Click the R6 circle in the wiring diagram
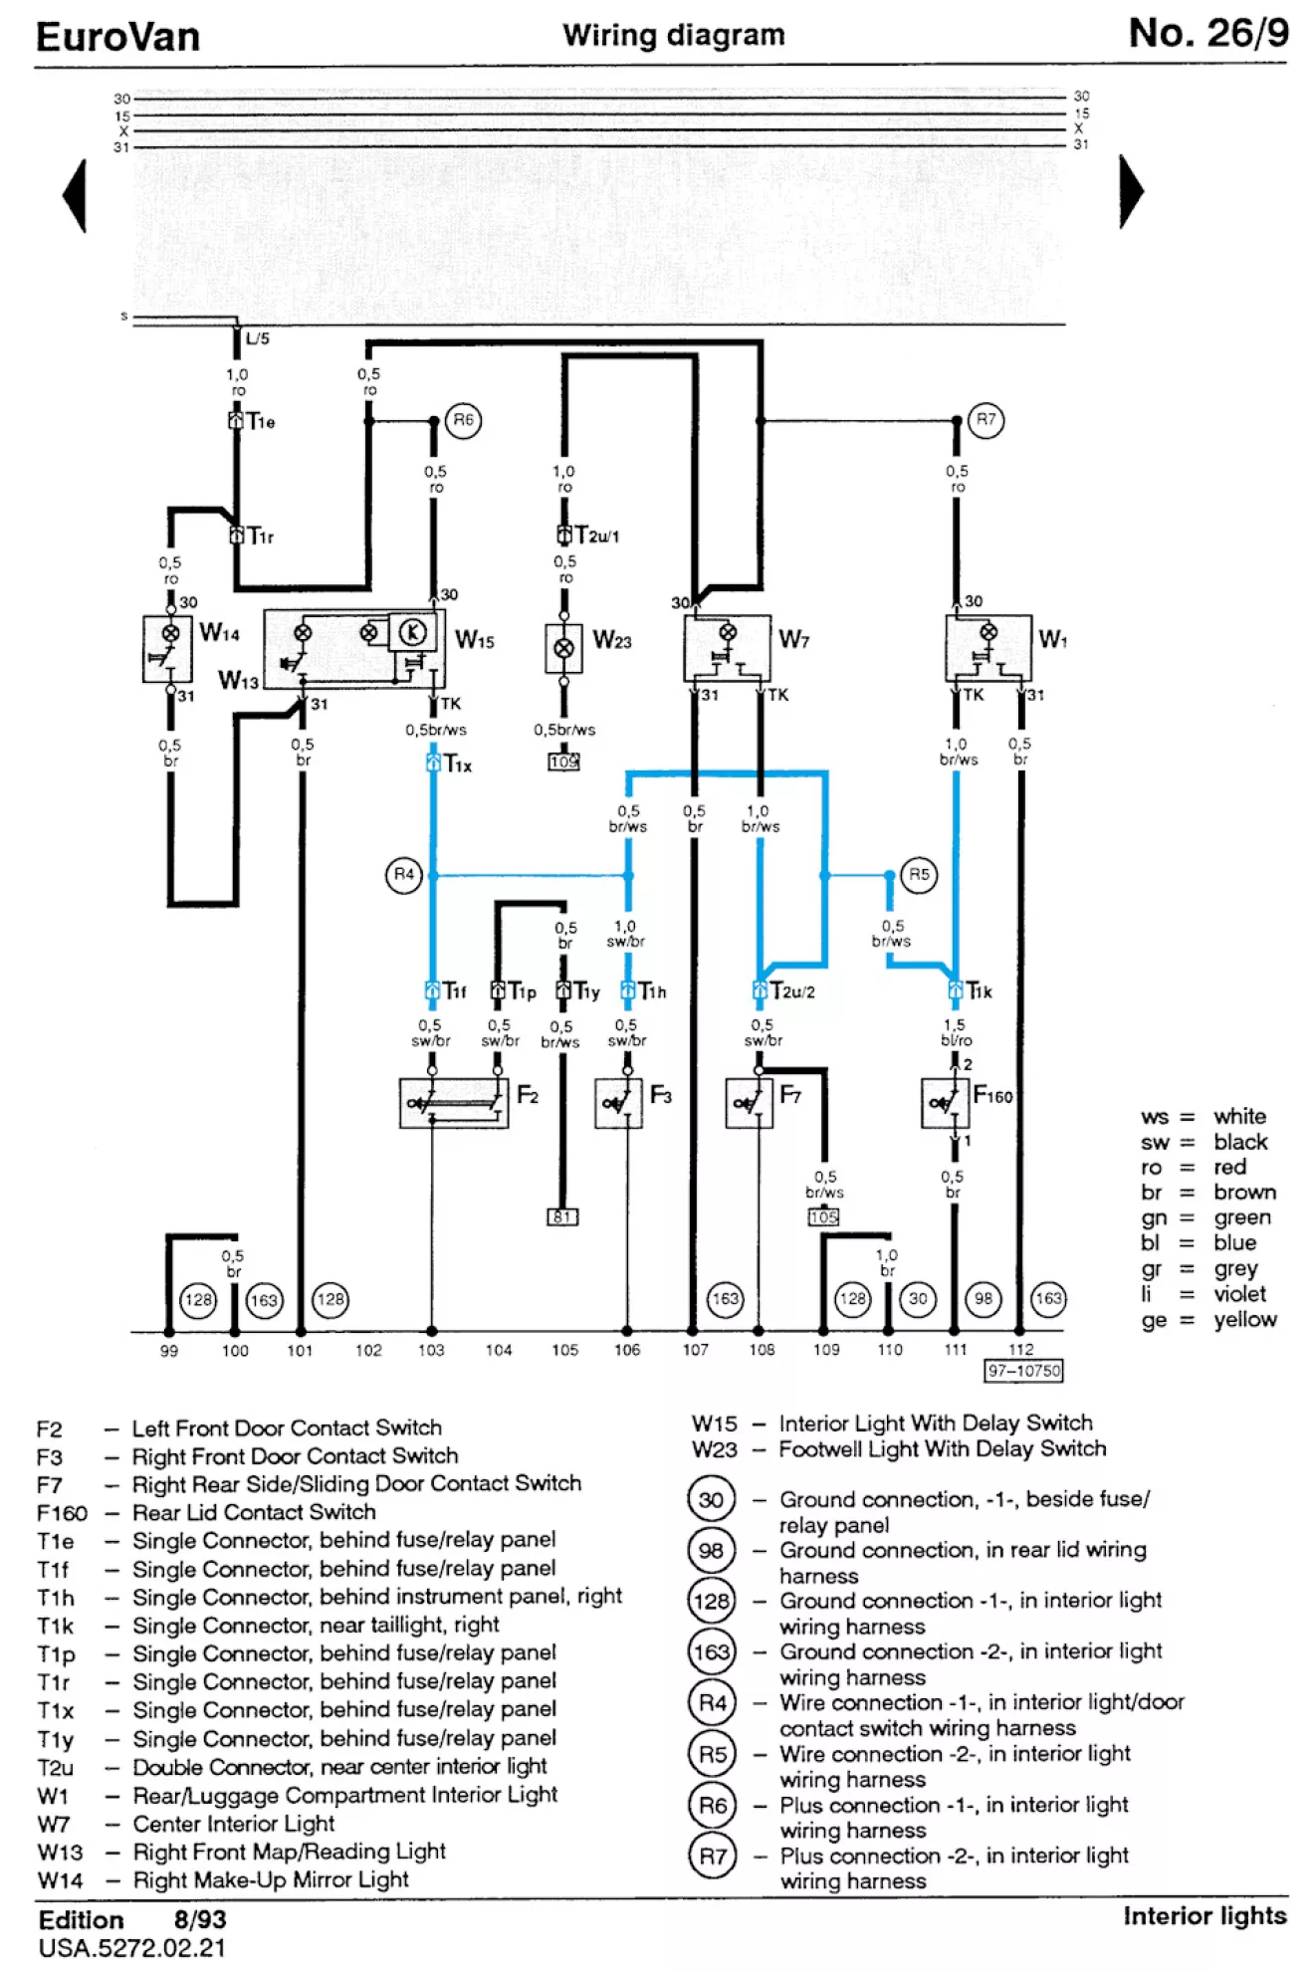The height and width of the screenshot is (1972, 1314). coord(463,420)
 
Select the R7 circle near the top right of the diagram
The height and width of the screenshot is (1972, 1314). coord(985,420)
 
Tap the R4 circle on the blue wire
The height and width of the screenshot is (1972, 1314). coord(403,875)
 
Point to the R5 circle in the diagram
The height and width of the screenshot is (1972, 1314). coord(919,875)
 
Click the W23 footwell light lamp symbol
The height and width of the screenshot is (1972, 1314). coord(563,648)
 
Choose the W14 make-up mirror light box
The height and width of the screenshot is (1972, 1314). coord(168,649)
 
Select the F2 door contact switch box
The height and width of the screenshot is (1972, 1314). coord(454,1103)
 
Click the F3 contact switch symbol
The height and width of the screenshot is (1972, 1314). coord(618,1103)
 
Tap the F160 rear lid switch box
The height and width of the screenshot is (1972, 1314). coord(945,1103)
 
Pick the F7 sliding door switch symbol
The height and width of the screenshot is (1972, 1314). coord(750,1103)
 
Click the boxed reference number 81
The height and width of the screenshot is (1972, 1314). coord(562,1216)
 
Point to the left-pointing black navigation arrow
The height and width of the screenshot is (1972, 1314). coord(76,195)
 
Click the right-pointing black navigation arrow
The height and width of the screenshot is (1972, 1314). coord(1131,192)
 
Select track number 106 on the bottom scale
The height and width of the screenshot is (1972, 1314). coord(627,1350)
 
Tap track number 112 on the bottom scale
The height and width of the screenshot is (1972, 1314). coord(1021,1350)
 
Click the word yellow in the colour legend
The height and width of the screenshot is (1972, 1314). coord(1244,1320)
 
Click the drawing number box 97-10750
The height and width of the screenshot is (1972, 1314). coord(1023,1372)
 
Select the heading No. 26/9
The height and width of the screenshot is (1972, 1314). coord(1208,34)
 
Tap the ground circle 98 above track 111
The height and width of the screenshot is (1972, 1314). coord(984,1299)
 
